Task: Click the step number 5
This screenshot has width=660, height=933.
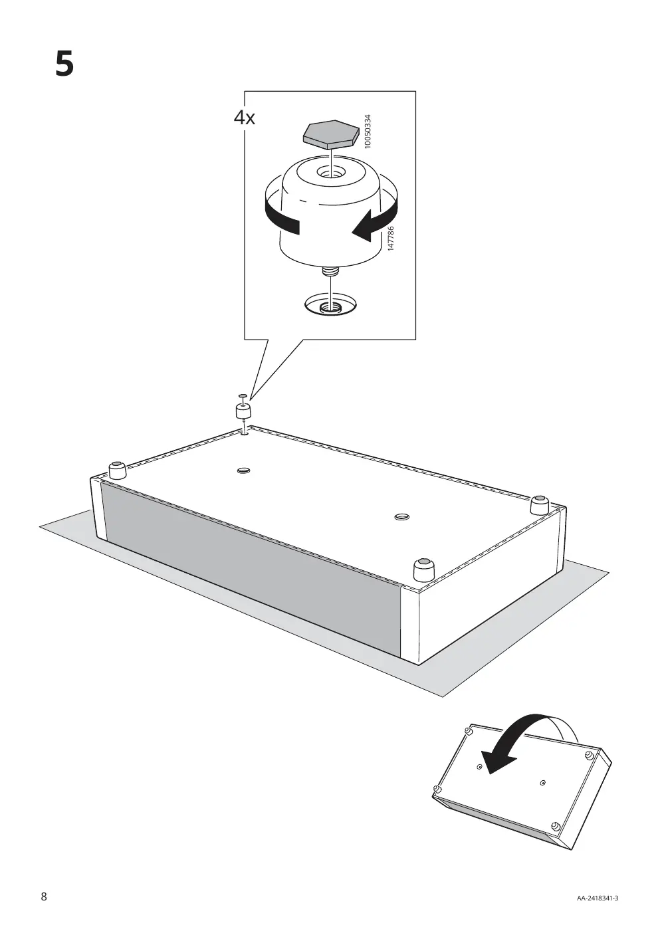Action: [x=64, y=64]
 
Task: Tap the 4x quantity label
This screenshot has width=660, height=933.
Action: [x=244, y=118]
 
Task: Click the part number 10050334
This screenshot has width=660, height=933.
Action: [x=367, y=132]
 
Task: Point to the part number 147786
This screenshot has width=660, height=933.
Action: [x=390, y=239]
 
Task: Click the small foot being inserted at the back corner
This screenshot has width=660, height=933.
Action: [x=243, y=411]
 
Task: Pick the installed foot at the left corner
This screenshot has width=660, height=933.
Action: [x=117, y=470]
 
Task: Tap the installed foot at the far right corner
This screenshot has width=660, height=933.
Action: [x=540, y=505]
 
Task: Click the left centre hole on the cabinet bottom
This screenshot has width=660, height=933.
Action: [x=244, y=470]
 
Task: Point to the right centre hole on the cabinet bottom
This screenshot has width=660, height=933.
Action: [x=401, y=517]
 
